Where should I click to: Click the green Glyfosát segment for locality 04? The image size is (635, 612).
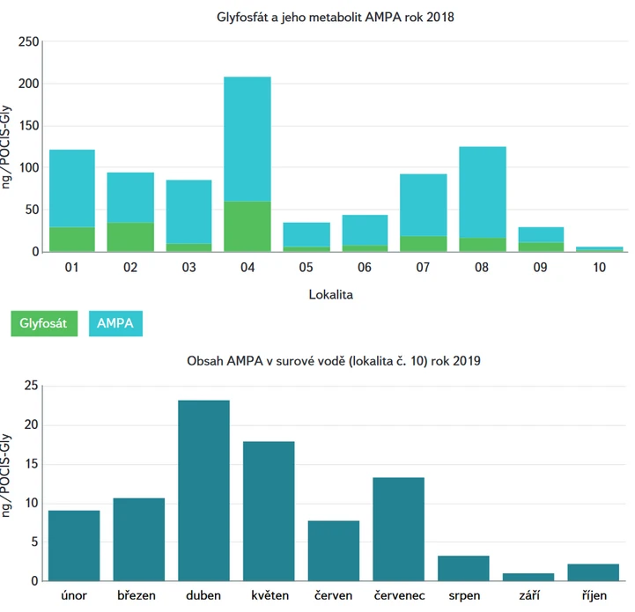247,226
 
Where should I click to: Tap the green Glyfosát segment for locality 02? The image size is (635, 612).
130,237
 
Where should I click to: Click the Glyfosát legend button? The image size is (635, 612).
45,323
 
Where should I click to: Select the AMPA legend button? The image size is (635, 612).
115,323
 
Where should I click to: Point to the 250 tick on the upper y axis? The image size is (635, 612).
29,42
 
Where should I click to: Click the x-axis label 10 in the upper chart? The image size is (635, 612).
599,267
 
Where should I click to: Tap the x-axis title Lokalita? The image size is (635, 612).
331,295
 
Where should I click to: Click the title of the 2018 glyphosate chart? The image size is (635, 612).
335,17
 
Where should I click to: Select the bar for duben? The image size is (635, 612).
203,490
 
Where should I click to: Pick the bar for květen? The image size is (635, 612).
269,511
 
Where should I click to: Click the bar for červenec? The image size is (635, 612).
398,528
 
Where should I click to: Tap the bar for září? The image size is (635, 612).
528,577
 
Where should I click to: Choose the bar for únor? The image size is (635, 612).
74,545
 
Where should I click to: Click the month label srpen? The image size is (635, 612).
463,596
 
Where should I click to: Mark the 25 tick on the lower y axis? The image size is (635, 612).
32,386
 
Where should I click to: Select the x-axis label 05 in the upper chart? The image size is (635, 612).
306,267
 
